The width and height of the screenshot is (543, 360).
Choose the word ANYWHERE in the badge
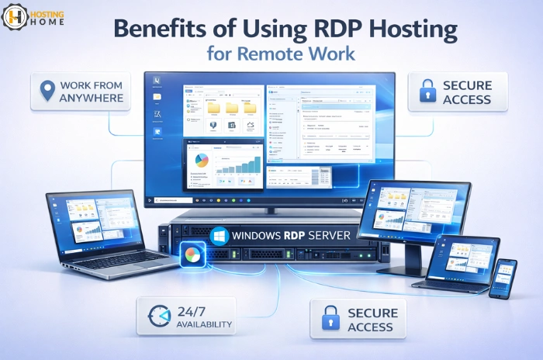pos(91,99)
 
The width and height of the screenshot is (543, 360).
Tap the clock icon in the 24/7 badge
pos(158,317)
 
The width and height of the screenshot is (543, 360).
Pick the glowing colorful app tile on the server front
pos(189,254)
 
